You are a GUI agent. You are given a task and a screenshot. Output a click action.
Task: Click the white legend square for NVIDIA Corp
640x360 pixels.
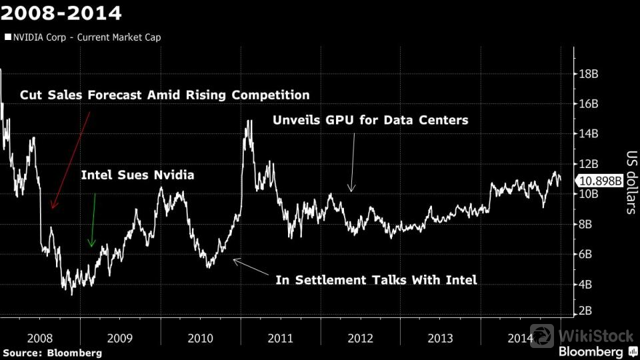click(8, 37)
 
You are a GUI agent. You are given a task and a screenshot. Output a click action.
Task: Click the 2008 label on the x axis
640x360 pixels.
click(39, 339)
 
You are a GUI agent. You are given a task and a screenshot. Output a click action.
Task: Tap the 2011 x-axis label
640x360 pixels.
click(279, 339)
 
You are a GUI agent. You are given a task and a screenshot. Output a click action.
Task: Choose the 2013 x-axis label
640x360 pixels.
click(440, 339)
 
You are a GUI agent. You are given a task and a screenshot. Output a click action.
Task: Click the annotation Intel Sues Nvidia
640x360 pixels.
click(137, 175)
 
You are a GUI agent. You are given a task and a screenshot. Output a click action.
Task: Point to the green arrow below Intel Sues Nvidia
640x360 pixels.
click(93, 220)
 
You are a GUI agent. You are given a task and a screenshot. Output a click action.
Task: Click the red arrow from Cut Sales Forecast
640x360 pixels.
click(70, 160)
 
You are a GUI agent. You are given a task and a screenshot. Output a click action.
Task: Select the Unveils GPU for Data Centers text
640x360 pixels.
click(371, 121)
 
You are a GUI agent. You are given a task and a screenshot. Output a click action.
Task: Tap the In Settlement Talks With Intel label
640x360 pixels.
click(376, 280)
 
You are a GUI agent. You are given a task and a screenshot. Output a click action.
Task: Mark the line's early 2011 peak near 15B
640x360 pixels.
click(249, 121)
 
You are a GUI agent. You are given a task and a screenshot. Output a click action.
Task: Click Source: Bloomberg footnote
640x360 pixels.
click(52, 352)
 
